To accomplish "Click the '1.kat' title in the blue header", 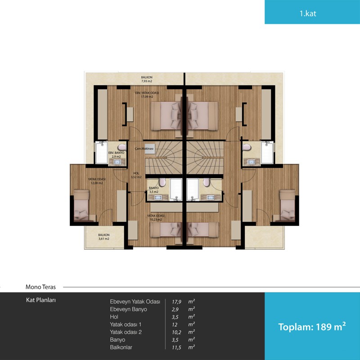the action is [x=308, y=13].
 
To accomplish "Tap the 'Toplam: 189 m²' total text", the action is [x=312, y=327].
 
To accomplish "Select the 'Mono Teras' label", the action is [x=40, y=287].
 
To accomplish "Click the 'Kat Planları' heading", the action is [x=41, y=300].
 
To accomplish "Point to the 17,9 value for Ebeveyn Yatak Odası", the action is [x=176, y=301].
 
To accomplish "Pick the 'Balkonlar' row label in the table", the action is [x=121, y=347].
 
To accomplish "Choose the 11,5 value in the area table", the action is [x=176, y=347].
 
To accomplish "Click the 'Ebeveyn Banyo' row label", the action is [x=128, y=309].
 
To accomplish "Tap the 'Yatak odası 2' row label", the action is [x=126, y=332].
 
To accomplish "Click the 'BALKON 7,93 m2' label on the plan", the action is [x=147, y=79].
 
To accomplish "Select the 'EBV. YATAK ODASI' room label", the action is [x=147, y=93].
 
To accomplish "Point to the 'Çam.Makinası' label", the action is [x=144, y=149].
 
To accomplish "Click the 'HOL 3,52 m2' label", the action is [x=136, y=175].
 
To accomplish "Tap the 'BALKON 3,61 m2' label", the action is [x=104, y=237].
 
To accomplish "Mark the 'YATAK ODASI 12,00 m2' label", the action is [x=97, y=181].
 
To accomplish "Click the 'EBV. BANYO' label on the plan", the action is [x=116, y=153].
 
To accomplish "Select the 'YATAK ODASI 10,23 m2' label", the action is [x=156, y=218].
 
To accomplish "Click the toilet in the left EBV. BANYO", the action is [x=121, y=147].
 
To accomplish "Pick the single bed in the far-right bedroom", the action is [x=287, y=205].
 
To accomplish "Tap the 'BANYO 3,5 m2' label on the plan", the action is [x=153, y=190].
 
